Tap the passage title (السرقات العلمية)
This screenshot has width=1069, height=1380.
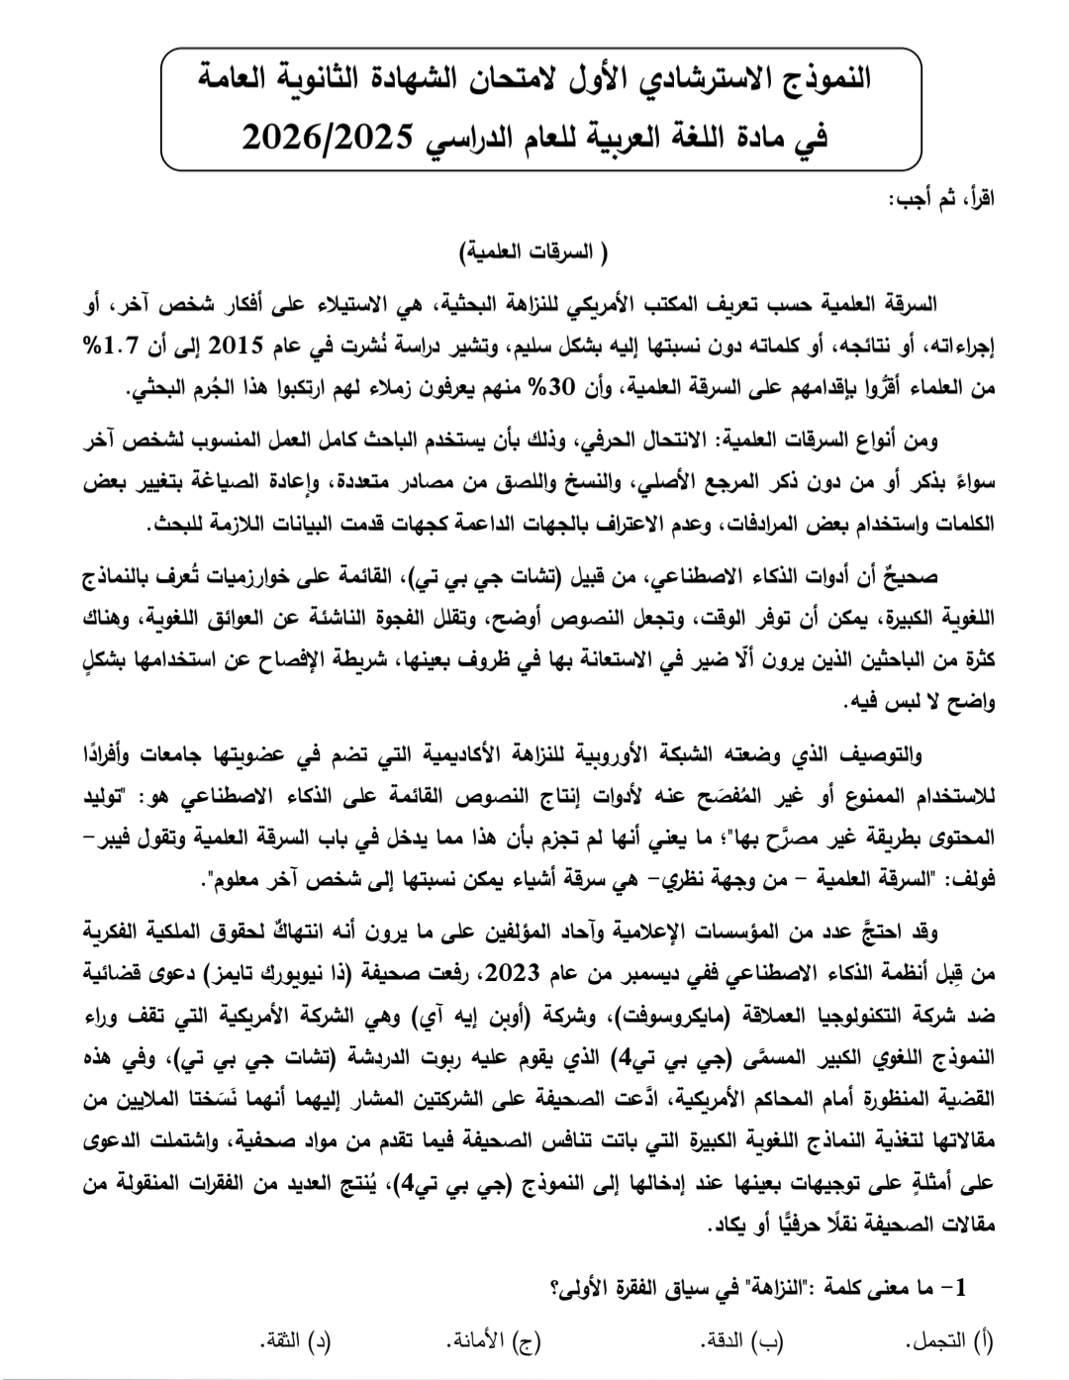534,252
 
